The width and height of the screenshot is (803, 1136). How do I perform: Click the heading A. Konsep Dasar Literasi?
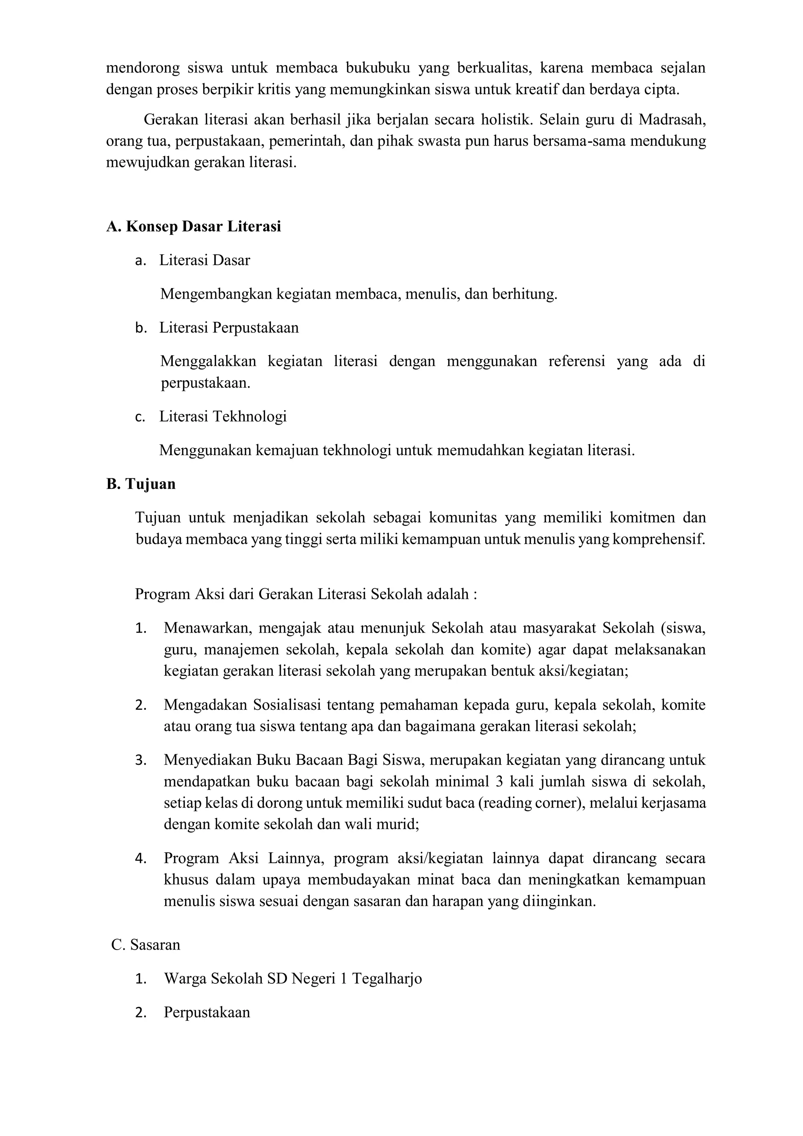(x=193, y=226)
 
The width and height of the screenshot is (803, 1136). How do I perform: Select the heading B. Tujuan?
(x=141, y=483)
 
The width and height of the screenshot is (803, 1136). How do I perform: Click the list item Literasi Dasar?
(x=204, y=260)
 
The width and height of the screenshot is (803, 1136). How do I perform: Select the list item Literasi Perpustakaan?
(x=229, y=328)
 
